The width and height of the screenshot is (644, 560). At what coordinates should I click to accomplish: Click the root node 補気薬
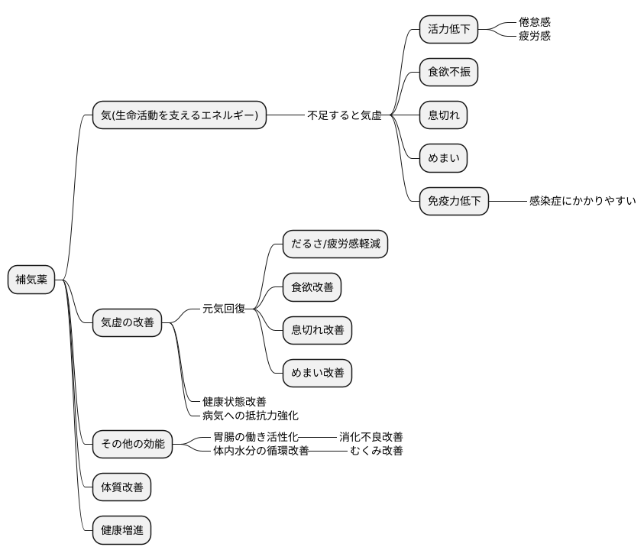click(x=31, y=280)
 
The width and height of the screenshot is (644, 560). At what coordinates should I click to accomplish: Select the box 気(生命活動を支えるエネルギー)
click(x=179, y=115)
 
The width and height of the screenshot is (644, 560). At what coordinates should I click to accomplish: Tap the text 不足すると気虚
click(x=345, y=115)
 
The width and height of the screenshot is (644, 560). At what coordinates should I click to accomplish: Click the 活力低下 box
click(x=448, y=30)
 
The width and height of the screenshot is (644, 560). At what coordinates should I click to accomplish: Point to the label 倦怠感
click(x=534, y=22)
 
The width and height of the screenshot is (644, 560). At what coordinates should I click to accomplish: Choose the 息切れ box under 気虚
click(x=443, y=115)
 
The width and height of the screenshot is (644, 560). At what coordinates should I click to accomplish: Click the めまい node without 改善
click(x=443, y=158)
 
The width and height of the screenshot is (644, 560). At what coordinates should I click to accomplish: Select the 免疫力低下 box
click(x=454, y=201)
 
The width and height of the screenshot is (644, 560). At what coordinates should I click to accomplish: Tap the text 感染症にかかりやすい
click(x=582, y=201)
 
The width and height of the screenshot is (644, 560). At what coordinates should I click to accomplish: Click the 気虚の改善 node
click(x=127, y=322)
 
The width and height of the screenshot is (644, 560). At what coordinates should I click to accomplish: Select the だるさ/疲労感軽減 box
click(x=335, y=244)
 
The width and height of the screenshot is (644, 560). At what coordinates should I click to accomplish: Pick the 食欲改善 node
click(x=312, y=287)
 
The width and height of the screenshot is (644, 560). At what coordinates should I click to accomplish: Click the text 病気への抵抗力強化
click(x=251, y=416)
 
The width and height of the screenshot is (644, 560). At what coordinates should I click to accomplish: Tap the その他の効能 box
click(x=132, y=443)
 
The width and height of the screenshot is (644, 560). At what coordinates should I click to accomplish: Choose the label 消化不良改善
click(x=371, y=436)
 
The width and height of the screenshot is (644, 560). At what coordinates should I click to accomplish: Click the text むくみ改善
click(x=377, y=450)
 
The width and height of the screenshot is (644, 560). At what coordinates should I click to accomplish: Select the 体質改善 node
click(x=121, y=487)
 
